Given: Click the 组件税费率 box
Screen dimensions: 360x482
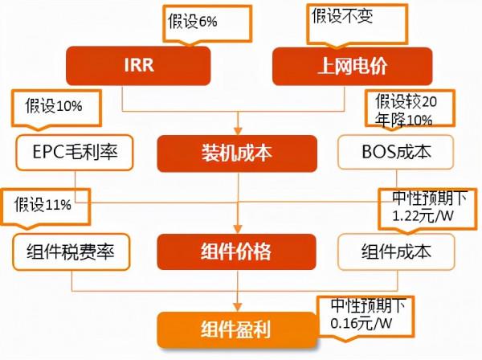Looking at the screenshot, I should pos(72,252).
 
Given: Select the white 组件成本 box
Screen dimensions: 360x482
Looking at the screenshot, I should pos(395,252).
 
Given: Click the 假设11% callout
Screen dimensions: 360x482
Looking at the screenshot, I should pos(43,204).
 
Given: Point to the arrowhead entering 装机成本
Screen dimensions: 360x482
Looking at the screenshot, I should pos(238,129).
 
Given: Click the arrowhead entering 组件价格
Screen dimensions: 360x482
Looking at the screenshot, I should pos(238,229).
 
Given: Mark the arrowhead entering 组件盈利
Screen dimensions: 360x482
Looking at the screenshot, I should pos(238,308).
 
